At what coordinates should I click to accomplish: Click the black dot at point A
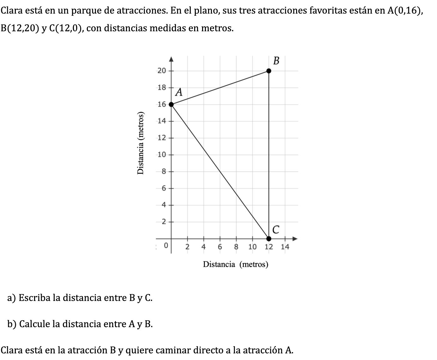pos(171,104)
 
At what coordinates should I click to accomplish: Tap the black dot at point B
pos(269,71)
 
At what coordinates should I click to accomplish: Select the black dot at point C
pos(269,238)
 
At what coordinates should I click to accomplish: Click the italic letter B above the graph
pos(276,61)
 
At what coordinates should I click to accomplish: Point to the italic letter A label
pos(179,92)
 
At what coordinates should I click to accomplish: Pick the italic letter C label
pos(276,230)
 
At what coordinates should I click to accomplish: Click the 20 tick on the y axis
pos(161,71)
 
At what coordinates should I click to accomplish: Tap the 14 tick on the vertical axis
pos(161,121)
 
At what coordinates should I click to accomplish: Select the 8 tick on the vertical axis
pos(164,171)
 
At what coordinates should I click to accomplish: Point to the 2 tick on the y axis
pos(164,222)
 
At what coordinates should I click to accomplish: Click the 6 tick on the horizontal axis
pos(220,247)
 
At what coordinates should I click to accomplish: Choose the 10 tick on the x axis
pos(252,247)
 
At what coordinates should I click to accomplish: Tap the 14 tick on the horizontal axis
pos(285,247)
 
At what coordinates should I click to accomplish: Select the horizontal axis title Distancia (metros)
pos(236,264)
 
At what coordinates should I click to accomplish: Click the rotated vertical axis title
pos(141,143)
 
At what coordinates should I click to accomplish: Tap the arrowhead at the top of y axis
pos(171,59)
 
